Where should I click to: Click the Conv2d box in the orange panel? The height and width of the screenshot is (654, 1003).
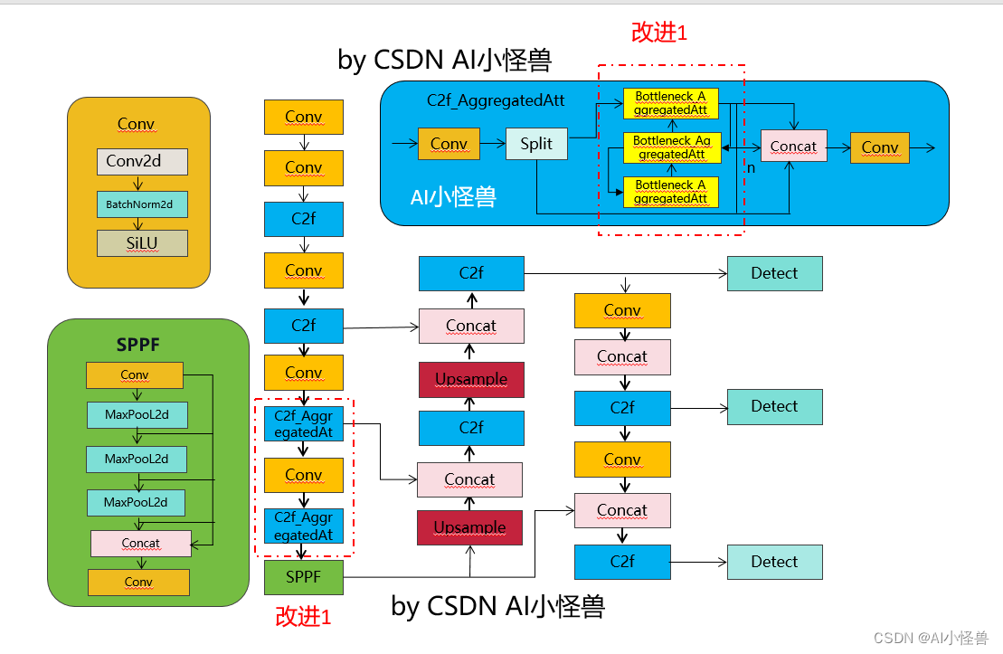coord(142,162)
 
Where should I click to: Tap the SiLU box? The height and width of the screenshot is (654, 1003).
coord(142,243)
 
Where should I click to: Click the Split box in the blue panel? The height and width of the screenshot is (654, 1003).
coord(535,144)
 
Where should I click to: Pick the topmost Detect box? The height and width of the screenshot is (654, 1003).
coord(774,273)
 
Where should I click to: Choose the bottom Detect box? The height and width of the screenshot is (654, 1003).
coord(774,562)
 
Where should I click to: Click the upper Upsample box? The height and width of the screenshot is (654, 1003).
coord(471,379)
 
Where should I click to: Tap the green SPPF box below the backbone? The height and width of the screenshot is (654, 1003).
coord(303,577)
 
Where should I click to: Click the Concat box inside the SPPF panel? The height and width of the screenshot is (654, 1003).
coord(140,544)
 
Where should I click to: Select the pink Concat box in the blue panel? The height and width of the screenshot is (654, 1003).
coord(793,147)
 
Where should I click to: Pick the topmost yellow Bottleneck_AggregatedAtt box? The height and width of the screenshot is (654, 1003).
coord(670,103)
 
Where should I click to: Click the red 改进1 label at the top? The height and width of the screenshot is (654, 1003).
coord(659,33)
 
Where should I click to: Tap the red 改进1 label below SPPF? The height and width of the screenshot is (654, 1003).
coord(303,617)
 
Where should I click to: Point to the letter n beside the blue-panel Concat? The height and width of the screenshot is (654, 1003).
coord(750,168)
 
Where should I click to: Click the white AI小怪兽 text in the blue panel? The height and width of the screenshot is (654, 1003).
coord(453,196)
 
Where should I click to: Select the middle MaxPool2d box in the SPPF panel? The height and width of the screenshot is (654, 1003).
coord(137,459)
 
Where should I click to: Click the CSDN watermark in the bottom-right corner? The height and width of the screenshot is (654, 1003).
coord(931,638)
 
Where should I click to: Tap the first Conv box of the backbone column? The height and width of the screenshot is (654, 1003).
coord(303,117)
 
